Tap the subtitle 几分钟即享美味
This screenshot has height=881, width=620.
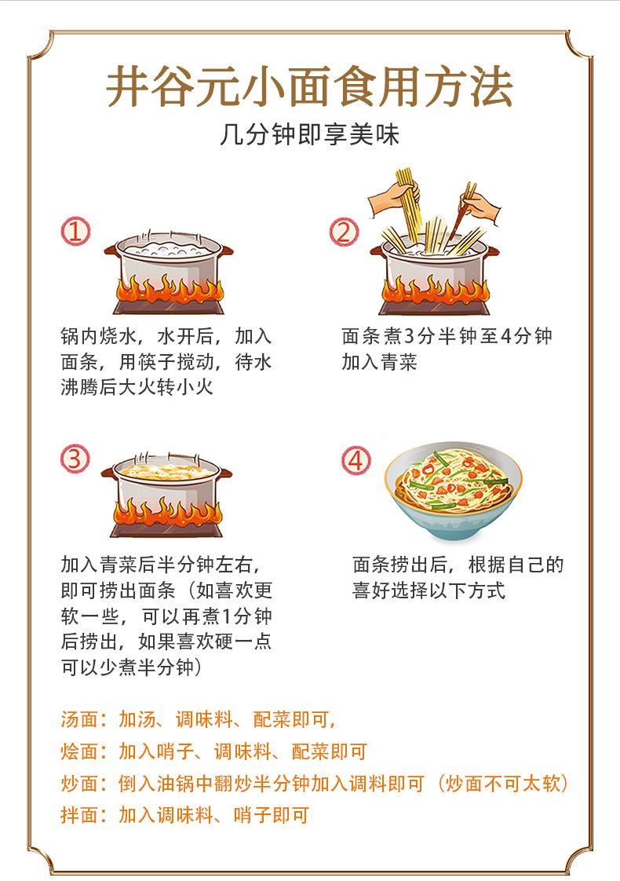(x=309, y=135)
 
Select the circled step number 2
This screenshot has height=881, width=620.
(x=343, y=232)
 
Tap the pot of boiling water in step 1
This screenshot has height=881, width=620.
(x=168, y=259)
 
